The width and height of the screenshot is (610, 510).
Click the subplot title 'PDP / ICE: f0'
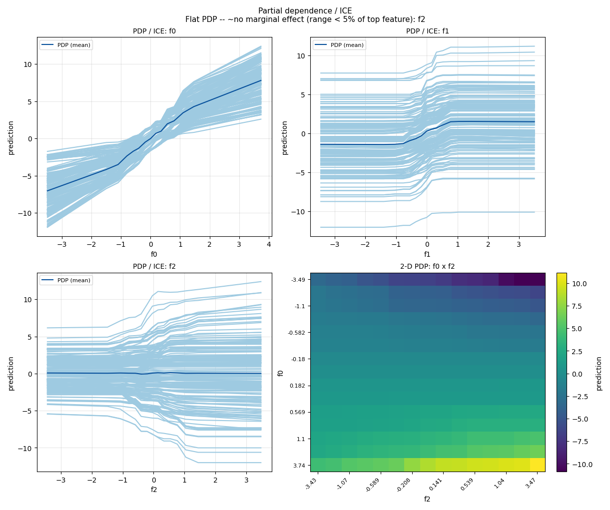[x=154, y=31]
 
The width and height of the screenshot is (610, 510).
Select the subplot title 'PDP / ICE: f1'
[x=428, y=31]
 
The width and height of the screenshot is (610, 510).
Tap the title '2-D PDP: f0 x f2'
[x=428, y=266]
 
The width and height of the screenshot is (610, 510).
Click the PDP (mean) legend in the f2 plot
[x=66, y=280]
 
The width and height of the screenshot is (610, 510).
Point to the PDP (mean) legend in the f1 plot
[x=339, y=45]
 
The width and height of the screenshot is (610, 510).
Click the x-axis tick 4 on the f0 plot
[x=269, y=244]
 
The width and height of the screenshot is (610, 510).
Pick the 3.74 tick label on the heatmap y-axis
[x=299, y=466]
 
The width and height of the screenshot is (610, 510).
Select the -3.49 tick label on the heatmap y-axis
[x=298, y=280]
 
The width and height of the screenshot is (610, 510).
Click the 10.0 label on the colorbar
[x=580, y=284]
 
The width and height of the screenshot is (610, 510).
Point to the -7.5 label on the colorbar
[x=578, y=442]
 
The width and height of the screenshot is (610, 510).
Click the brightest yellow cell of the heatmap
[x=538, y=465]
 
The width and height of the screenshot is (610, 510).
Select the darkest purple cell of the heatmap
[x=530, y=279]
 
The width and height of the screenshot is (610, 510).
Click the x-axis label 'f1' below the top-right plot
[x=427, y=254]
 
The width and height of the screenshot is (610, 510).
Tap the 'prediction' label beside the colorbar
[x=599, y=373]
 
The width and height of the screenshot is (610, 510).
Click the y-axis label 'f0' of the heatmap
[x=281, y=373]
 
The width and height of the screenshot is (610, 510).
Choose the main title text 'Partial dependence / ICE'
[x=305, y=11]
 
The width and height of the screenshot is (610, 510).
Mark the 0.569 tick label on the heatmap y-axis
[x=297, y=412]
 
